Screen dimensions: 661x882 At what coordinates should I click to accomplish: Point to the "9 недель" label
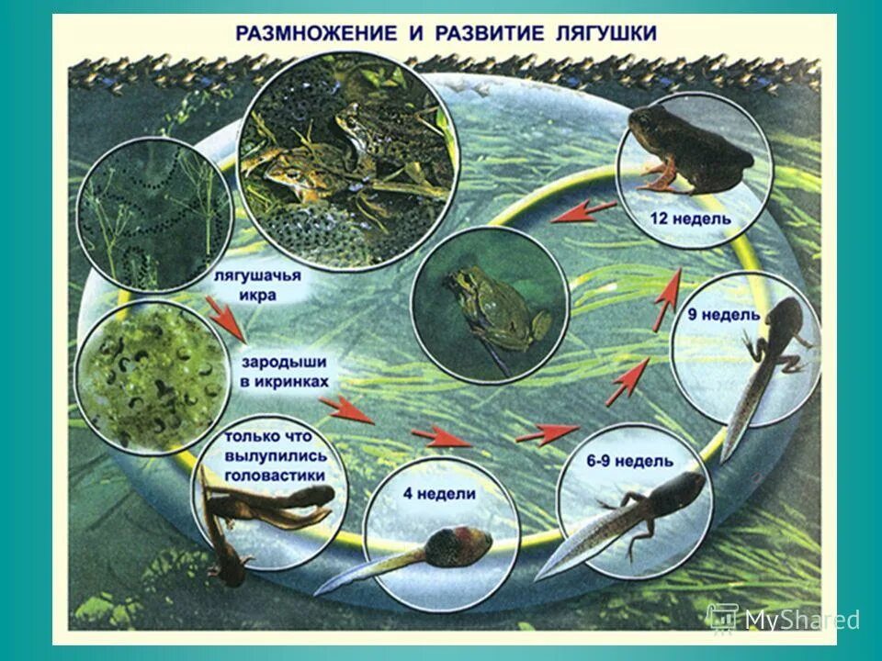[x=724, y=315]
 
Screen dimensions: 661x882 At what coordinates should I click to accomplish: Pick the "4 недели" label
[x=439, y=493]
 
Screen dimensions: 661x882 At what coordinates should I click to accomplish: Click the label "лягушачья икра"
[x=258, y=285]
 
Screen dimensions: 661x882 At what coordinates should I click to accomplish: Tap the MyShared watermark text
[x=801, y=620]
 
